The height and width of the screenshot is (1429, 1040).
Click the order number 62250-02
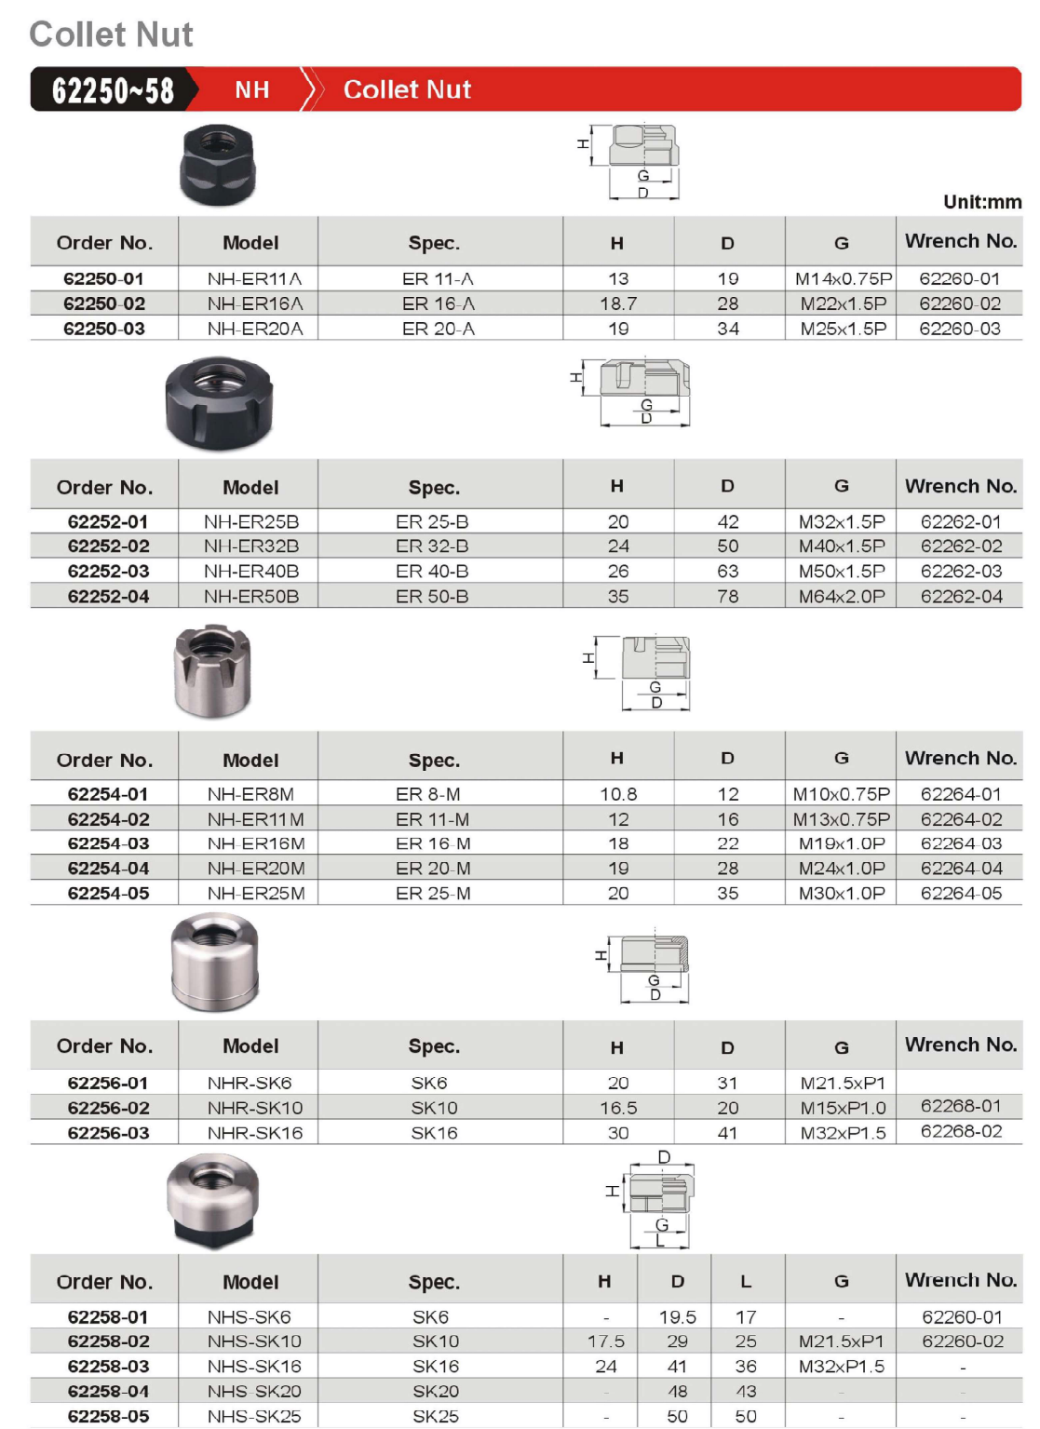coord(104,303)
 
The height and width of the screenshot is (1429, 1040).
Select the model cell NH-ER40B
coord(251,571)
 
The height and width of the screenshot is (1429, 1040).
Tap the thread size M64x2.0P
coord(842,596)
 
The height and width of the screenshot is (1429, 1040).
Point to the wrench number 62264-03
coord(961,843)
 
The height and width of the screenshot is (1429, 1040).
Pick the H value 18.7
coord(618,303)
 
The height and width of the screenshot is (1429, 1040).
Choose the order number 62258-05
coord(108,1416)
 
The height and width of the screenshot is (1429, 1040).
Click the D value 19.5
coord(677,1317)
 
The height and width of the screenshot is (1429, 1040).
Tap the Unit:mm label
coord(981,202)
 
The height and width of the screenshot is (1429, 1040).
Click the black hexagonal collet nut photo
coord(217,166)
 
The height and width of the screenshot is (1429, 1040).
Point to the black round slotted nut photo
coord(219,403)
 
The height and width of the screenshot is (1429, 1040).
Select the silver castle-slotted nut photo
coord(212,670)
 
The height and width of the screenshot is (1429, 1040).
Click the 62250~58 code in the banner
coord(113,90)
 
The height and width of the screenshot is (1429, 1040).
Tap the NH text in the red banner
coord(251,89)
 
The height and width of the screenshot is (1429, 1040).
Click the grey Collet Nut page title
coord(111,34)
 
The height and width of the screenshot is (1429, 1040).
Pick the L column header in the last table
coord(746,1282)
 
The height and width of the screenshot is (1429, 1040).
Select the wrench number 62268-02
coord(961,1131)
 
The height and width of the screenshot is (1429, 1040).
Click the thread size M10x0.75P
coord(842,794)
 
